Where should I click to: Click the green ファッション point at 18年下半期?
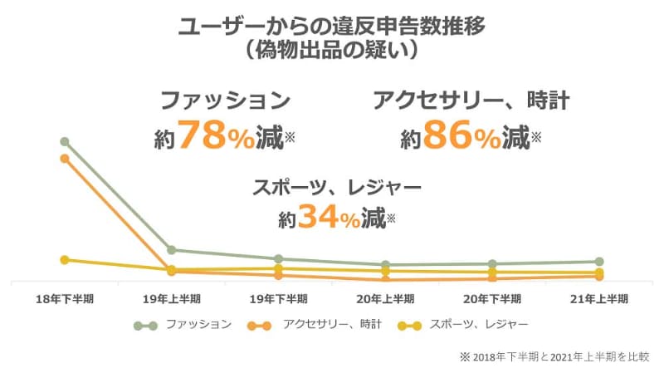click(64, 142)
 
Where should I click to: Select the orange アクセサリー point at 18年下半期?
click(64, 158)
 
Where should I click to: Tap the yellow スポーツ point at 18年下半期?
click(64, 260)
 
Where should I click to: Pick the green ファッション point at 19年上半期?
click(171, 249)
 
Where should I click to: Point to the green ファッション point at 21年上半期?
click(599, 262)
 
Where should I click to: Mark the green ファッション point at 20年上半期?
click(385, 265)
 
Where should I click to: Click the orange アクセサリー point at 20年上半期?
click(385, 280)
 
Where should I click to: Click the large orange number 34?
click(320, 218)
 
